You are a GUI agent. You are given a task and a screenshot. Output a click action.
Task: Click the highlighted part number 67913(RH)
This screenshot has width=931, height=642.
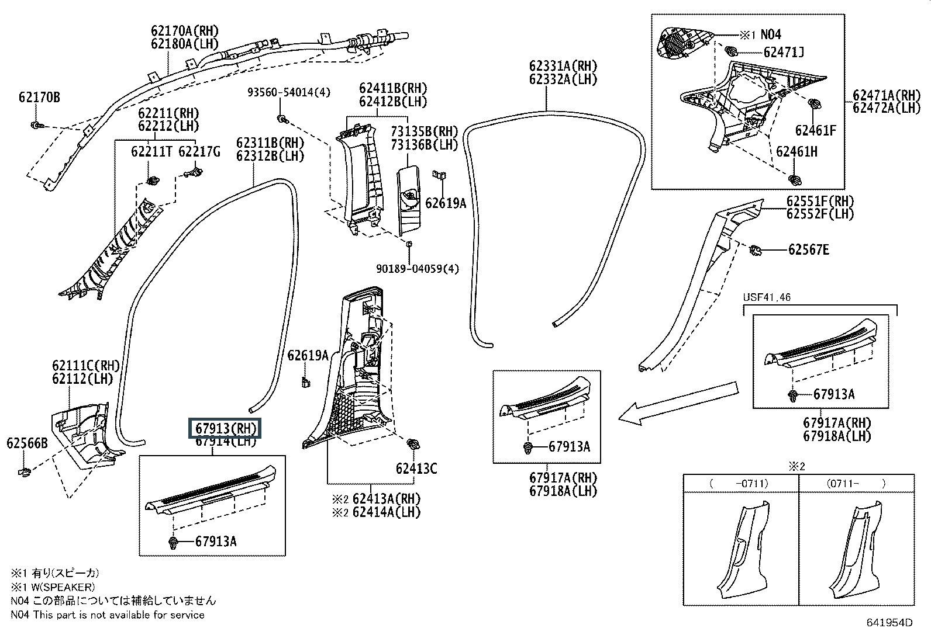pyautogui.click(x=225, y=428)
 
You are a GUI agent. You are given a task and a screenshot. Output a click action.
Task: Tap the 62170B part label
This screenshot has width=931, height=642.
pyautogui.click(x=40, y=98)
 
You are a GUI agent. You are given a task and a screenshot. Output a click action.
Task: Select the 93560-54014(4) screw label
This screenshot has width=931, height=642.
pyautogui.click(x=289, y=92)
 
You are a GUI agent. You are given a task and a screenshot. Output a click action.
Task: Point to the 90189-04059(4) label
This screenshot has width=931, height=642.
pyautogui.click(x=418, y=269)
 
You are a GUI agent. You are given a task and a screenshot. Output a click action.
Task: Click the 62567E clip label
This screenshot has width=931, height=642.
pyautogui.click(x=808, y=249)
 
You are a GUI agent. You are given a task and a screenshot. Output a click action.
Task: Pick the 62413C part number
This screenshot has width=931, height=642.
pyautogui.click(x=416, y=469)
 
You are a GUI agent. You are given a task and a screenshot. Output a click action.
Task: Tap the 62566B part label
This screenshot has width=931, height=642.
pyautogui.click(x=27, y=443)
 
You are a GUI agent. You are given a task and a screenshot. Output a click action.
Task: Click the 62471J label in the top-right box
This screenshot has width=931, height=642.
pyautogui.click(x=784, y=53)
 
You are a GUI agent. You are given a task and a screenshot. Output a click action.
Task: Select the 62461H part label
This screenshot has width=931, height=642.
pyautogui.click(x=796, y=152)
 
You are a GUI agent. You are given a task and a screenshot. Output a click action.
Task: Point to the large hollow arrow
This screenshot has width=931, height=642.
pyautogui.click(x=678, y=403)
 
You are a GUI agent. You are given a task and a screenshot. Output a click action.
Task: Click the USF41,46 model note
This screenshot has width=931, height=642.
pyautogui.click(x=767, y=297)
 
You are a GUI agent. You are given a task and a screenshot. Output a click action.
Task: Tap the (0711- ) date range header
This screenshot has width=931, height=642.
pyautogui.click(x=856, y=483)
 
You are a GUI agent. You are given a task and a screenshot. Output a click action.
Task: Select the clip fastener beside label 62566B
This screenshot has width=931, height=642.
pyautogui.click(x=25, y=472)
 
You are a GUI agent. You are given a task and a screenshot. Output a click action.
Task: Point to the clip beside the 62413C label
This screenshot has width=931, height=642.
pyautogui.click(x=413, y=444)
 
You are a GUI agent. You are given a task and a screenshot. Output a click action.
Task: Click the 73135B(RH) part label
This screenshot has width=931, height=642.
pyautogui.click(x=424, y=131)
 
